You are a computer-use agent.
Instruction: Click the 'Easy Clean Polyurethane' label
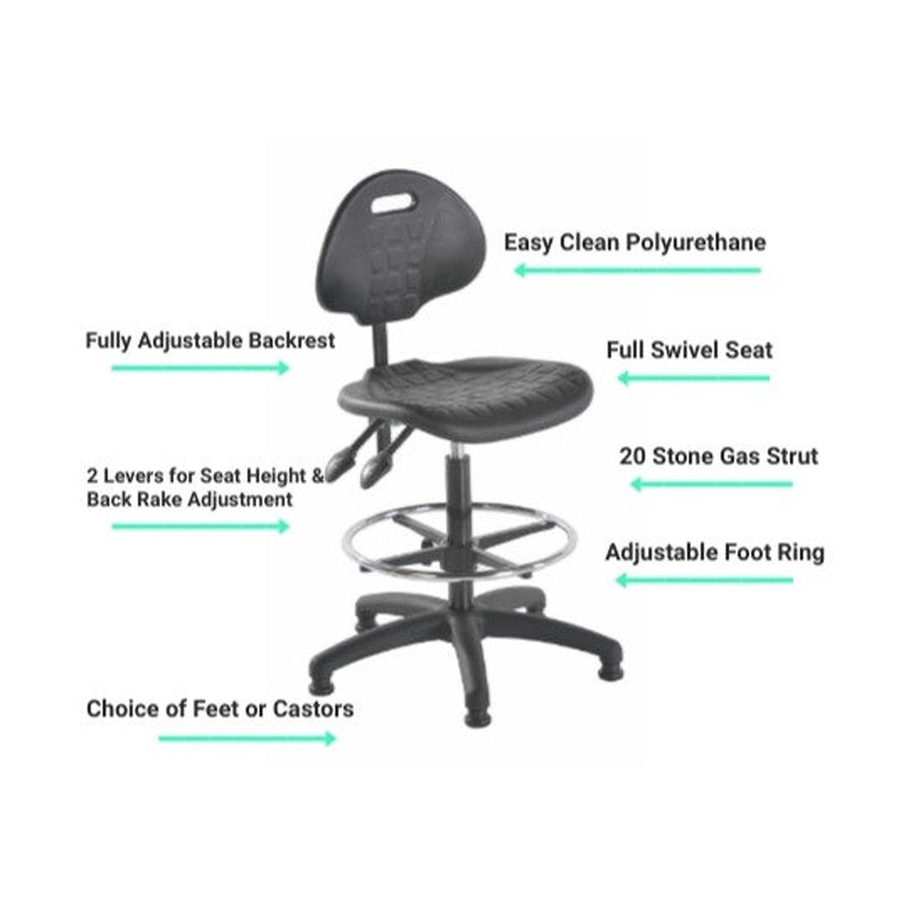coord(635,243)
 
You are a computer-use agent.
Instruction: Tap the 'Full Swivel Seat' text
coord(689,350)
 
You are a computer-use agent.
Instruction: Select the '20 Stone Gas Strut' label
coord(718,455)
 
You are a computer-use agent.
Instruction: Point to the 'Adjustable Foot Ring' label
coord(715,552)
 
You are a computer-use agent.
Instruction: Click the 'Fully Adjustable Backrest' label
coord(210,341)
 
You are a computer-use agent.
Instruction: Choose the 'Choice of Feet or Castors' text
coord(219,708)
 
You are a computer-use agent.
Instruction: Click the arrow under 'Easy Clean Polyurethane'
coord(637,270)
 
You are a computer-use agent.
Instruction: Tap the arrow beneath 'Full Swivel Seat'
coord(694,377)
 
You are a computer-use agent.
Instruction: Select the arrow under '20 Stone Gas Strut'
coord(712,484)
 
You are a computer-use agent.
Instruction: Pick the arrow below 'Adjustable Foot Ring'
coord(705,579)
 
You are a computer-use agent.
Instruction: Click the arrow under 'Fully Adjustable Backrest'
coord(200,367)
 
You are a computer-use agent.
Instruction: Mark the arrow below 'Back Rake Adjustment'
coord(200,526)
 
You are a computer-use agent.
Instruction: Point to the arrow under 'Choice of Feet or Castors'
coord(247,738)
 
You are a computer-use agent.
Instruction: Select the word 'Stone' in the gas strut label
coord(687,455)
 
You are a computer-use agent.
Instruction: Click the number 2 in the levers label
coord(92,476)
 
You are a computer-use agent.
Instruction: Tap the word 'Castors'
coord(314,708)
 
